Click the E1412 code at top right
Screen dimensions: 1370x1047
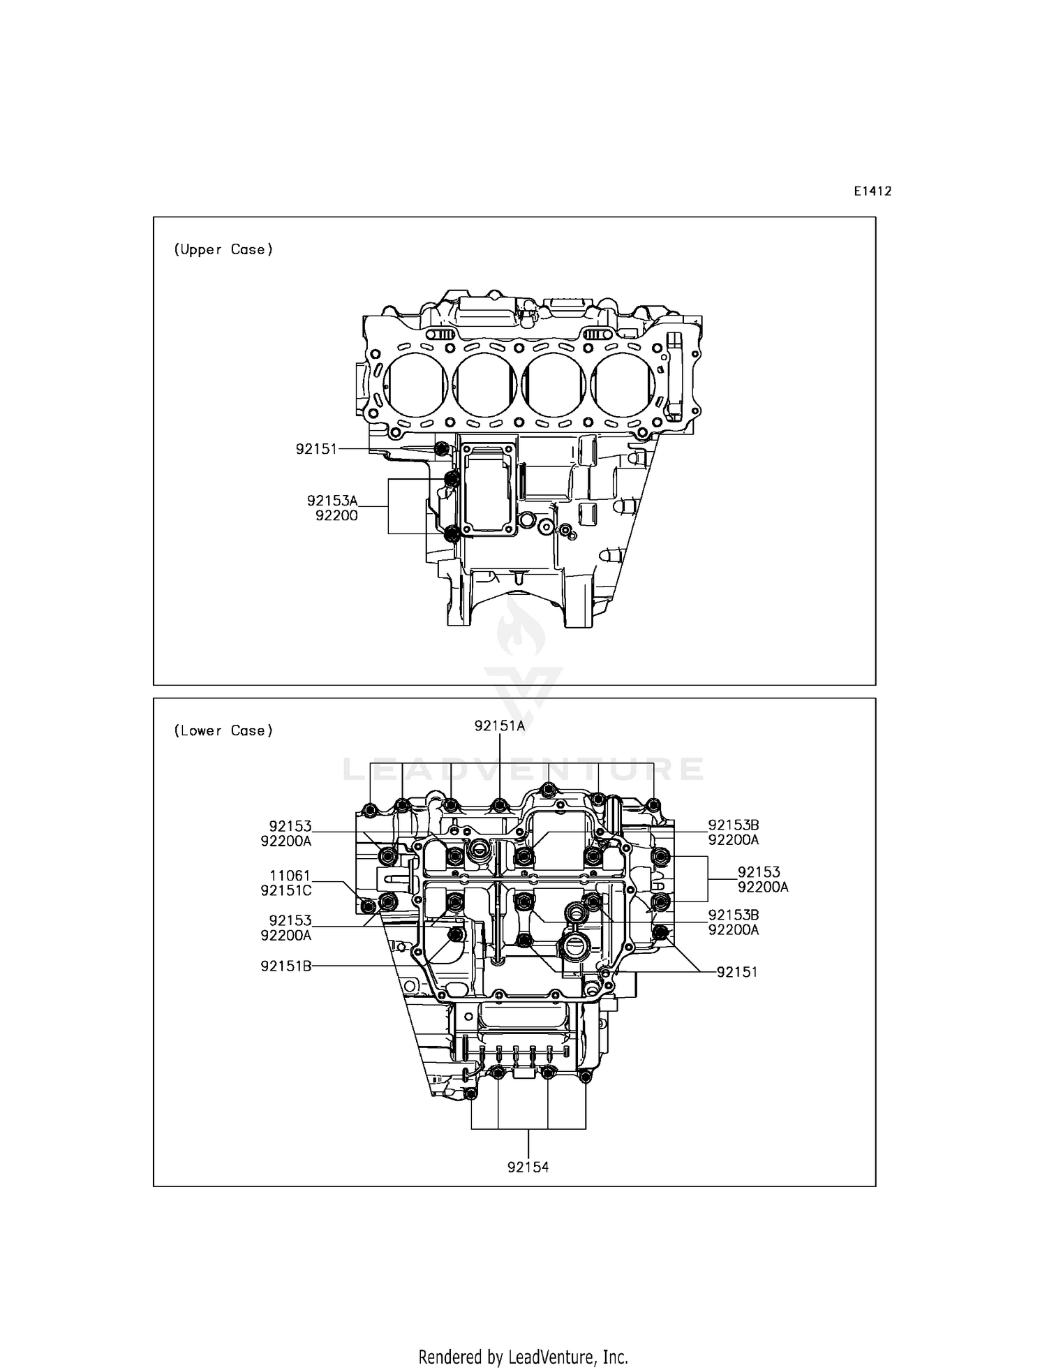coord(872,191)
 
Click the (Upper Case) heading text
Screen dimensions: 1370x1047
coord(223,249)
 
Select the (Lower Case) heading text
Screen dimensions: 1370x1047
coord(223,730)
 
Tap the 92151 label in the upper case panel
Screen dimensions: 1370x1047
coord(316,449)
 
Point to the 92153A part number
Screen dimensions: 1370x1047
coord(332,501)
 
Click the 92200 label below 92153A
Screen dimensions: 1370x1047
coord(336,516)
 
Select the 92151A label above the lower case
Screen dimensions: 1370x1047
coord(500,725)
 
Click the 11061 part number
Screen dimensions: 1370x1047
coord(290,876)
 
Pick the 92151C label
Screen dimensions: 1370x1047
coord(286,891)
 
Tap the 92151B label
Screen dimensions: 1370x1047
coord(286,966)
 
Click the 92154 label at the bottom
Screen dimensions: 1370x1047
coord(528,1167)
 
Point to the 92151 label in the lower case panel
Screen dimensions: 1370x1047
coord(737,972)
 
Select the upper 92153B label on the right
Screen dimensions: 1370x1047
coord(734,825)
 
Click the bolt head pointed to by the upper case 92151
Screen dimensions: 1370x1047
coord(441,448)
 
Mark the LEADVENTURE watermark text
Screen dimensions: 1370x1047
coord(523,769)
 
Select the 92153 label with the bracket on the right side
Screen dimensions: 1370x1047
coord(759,871)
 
